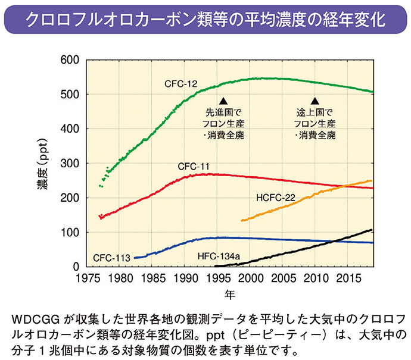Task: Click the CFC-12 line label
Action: [181, 84]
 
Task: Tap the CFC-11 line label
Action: [193, 166]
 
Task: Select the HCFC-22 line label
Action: [276, 197]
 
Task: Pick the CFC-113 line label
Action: [111, 259]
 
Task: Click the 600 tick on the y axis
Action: [70, 60]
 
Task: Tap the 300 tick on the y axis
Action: [70, 163]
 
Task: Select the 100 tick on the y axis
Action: [70, 232]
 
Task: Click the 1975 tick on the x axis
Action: [88, 277]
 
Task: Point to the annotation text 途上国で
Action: [316, 112]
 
